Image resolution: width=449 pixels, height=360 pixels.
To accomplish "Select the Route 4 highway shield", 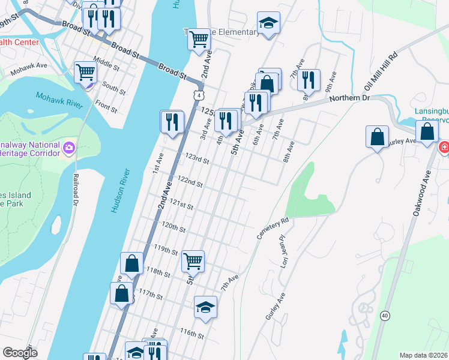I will click(198, 95).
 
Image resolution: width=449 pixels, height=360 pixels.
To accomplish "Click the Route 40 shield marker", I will click(384, 315).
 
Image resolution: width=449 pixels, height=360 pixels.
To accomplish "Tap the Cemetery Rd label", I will click(273, 229).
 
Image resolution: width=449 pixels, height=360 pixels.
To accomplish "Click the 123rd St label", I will click(197, 160).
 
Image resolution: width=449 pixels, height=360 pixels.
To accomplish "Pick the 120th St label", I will click(174, 228).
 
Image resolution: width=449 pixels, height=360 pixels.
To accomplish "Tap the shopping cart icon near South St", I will click(86, 72).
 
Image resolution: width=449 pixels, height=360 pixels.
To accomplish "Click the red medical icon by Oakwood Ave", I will click(445, 147).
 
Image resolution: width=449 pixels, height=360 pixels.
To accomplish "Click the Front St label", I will click(106, 107).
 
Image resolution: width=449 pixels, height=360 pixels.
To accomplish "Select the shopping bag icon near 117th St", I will click(121, 293).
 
